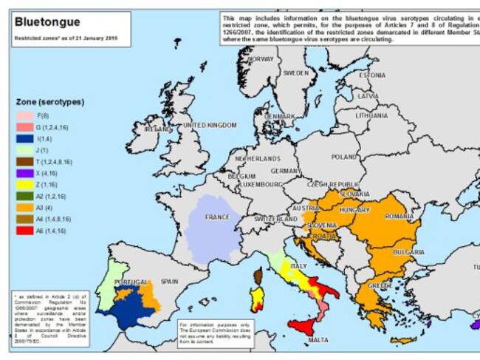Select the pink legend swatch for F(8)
pos(24,116)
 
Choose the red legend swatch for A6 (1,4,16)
pos(24,230)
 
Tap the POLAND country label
pos(343,157)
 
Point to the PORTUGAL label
pos(131,282)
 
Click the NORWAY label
pos(260,58)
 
